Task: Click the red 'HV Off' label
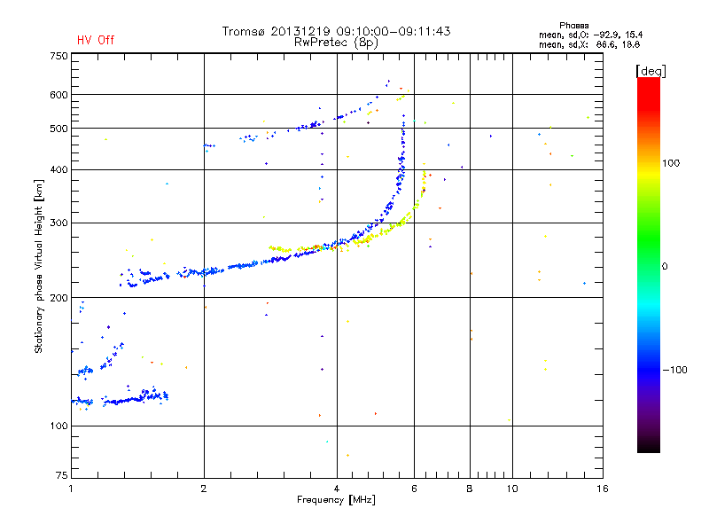coord(96,40)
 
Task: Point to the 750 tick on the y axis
coord(58,55)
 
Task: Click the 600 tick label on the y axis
coord(58,95)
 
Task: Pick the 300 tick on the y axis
coord(58,223)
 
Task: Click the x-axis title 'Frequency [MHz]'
coord(338,501)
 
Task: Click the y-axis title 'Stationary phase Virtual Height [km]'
coord(39,266)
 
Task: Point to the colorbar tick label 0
coord(666,266)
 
